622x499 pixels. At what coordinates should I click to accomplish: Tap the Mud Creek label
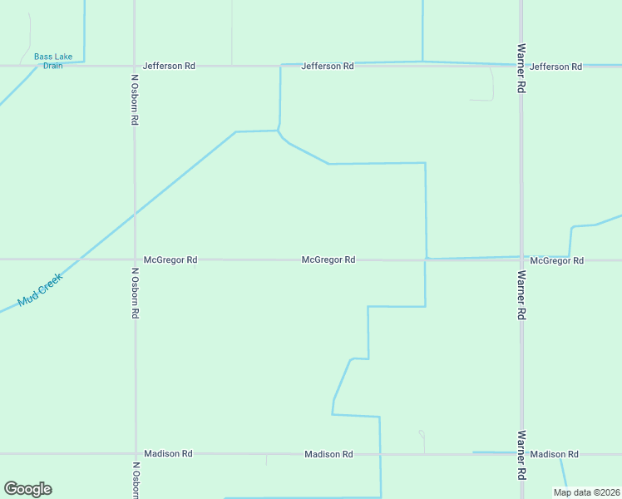tap(40, 290)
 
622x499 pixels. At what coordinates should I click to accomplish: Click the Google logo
tap(27, 489)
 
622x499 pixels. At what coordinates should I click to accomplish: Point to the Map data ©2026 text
tap(586, 492)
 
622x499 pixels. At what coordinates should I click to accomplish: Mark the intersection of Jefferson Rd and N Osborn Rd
tap(134, 65)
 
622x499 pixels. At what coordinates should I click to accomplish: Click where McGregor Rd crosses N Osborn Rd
tap(134, 259)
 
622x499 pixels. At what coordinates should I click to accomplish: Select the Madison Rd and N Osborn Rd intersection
tap(134, 454)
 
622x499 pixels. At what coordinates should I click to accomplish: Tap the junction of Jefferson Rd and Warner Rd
tap(521, 65)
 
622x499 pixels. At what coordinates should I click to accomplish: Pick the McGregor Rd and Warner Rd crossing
tap(521, 259)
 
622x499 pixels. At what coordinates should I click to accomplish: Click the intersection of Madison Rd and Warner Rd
tap(521, 454)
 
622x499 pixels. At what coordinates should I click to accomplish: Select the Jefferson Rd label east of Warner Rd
tap(555, 66)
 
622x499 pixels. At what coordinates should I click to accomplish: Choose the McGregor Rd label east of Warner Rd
tap(556, 260)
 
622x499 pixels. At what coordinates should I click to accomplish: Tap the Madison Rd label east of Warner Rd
tap(554, 454)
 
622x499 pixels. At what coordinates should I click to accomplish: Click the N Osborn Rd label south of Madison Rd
tap(135, 481)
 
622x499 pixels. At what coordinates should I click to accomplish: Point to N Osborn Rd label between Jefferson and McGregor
tap(134, 100)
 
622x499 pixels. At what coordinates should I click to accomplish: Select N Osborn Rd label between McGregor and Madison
tap(135, 293)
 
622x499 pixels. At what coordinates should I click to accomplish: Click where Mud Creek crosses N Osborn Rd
tap(134, 213)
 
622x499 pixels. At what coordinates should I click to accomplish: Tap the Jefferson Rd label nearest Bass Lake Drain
tap(169, 65)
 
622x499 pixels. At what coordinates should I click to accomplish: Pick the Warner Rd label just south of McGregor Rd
tap(521, 295)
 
